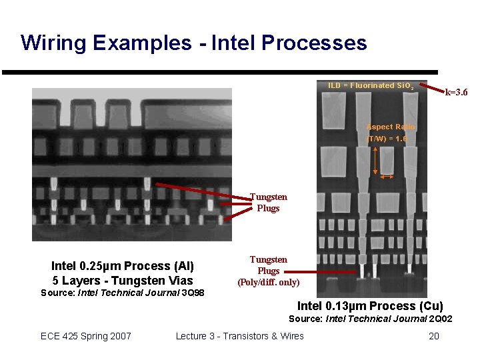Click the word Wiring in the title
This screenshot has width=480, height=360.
(54, 43)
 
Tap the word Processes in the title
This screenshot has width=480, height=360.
(314, 43)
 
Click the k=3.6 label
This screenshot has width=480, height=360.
(457, 92)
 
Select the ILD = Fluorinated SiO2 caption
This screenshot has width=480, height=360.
(371, 86)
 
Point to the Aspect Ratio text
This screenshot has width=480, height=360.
(391, 127)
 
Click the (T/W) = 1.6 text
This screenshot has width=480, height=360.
(387, 139)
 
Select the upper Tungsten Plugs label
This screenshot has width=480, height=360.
(268, 202)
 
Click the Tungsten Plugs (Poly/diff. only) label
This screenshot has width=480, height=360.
(268, 271)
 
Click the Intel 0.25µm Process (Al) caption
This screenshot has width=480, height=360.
(123, 266)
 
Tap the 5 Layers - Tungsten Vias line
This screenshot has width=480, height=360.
(123, 280)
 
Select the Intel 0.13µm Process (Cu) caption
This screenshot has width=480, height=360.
(370, 306)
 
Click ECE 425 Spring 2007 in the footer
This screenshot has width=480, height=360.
(86, 335)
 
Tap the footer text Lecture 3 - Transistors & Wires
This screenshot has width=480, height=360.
(239, 335)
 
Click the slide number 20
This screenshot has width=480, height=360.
(433, 335)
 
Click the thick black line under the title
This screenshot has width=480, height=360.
(220, 72)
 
